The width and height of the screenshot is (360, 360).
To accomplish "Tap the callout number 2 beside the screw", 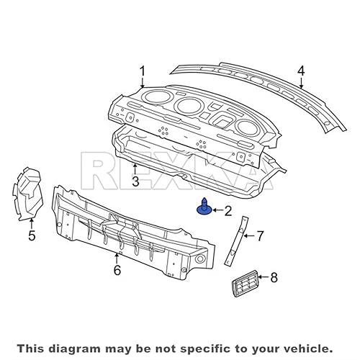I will (x=228, y=211).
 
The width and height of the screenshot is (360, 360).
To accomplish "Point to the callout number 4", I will (x=301, y=71).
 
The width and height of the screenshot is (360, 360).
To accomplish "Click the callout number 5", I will (x=32, y=235).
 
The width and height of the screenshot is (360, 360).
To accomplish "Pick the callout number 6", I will (x=117, y=270).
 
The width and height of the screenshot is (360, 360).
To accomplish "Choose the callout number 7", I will (x=261, y=235).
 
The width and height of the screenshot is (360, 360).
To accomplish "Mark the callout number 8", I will (x=274, y=276).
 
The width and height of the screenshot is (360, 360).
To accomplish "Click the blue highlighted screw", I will (x=204, y=209).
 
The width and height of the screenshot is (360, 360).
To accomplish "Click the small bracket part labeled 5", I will (x=27, y=193).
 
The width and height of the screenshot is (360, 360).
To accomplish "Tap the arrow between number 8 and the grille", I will (x=261, y=276).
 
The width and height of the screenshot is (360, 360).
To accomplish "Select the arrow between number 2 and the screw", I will (x=217, y=211).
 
